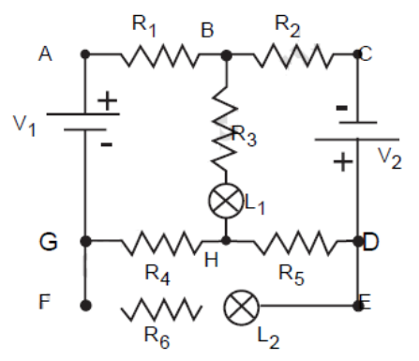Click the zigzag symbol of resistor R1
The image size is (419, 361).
159,55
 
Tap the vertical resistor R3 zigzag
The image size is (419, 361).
225,128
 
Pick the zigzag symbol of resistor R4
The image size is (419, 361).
160,243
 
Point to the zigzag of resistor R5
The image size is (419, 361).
296,243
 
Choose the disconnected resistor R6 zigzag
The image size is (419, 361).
161,309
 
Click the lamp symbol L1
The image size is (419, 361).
226,201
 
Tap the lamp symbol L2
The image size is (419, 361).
241,308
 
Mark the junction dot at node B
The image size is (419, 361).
226,55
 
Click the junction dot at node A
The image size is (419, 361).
85,54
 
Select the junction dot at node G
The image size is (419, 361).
85,241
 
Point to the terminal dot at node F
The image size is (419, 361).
85,305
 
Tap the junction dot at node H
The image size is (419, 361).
226,240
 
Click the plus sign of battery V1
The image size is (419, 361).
107,100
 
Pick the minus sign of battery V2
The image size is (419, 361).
341,108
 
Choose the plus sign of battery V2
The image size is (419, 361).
343,162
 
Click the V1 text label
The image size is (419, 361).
24,126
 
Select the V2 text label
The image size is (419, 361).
390,158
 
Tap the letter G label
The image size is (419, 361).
49,242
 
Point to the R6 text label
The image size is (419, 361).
157,338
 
